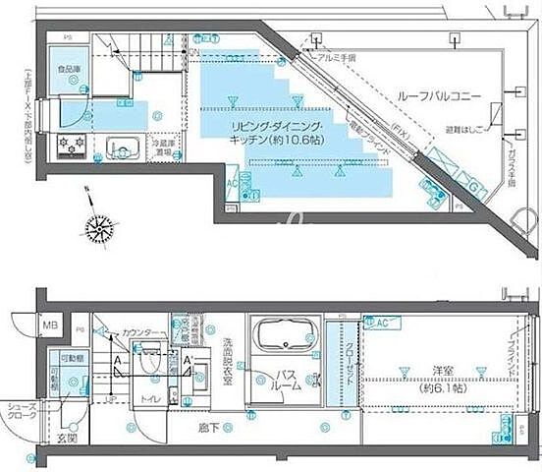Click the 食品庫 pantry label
click(69, 71)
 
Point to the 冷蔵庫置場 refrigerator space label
click(164, 148)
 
